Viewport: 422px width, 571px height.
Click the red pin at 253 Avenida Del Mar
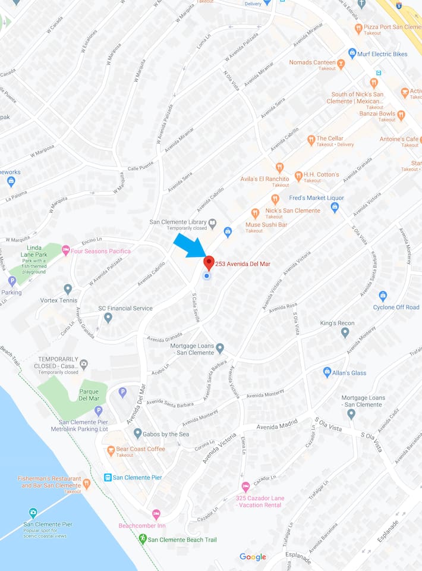tap(209, 262)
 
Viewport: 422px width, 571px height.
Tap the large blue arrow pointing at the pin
tap(188, 245)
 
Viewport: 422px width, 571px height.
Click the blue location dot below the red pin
tap(207, 275)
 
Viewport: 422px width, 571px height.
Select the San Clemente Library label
tap(178, 222)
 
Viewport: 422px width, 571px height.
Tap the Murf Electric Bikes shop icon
tap(352, 54)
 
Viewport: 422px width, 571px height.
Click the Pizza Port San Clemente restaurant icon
tap(358, 28)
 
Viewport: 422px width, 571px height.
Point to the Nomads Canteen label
tap(312, 62)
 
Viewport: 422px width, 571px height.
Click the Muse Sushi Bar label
tap(266, 225)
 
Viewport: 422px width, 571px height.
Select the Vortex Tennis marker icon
tap(68, 289)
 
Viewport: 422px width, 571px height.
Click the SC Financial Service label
tap(125, 308)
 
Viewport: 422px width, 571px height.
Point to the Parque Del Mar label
tap(89, 394)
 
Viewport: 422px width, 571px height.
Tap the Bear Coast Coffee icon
tap(111, 450)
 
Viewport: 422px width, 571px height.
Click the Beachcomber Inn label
tap(141, 526)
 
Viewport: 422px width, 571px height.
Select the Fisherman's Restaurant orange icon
tap(86, 484)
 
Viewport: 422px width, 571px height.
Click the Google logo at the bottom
tap(253, 557)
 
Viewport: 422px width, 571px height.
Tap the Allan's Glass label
tap(349, 373)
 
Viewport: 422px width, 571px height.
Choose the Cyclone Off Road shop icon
tap(383, 296)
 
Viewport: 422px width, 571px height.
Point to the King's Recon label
tap(337, 323)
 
